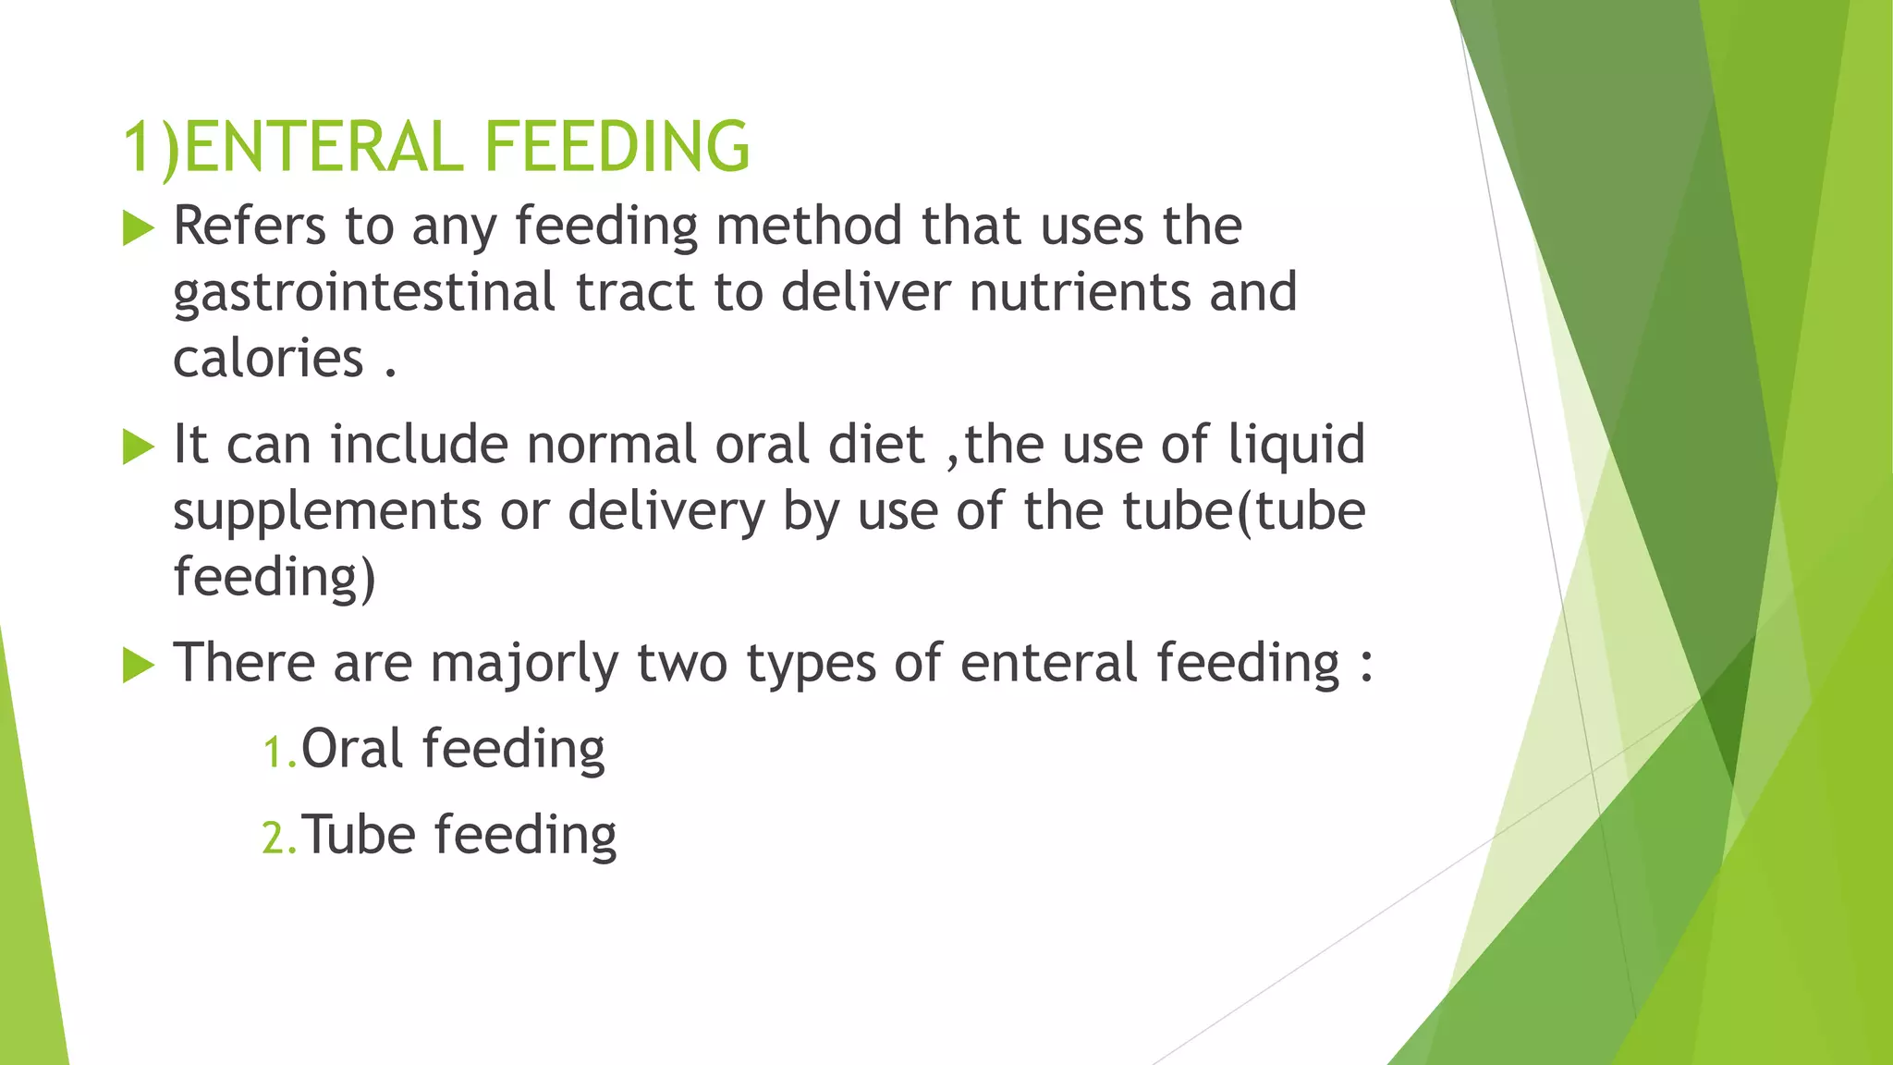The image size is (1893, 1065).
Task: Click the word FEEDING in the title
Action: pyautogui.click(x=617, y=147)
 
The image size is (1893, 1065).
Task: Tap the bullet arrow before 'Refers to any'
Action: pyautogui.click(x=138, y=228)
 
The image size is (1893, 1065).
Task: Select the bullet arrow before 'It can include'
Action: pyautogui.click(x=138, y=447)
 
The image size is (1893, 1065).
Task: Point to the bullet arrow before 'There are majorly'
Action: pyautogui.click(x=138, y=666)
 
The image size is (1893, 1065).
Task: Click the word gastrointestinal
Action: pyautogui.click(x=364, y=294)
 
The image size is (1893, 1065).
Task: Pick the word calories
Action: pyautogui.click(x=268, y=359)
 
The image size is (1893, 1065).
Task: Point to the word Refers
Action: pyautogui.click(x=250, y=226)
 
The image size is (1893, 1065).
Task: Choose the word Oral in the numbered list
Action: pyautogui.click(x=352, y=749)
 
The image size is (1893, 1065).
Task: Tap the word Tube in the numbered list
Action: pyautogui.click(x=359, y=835)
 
